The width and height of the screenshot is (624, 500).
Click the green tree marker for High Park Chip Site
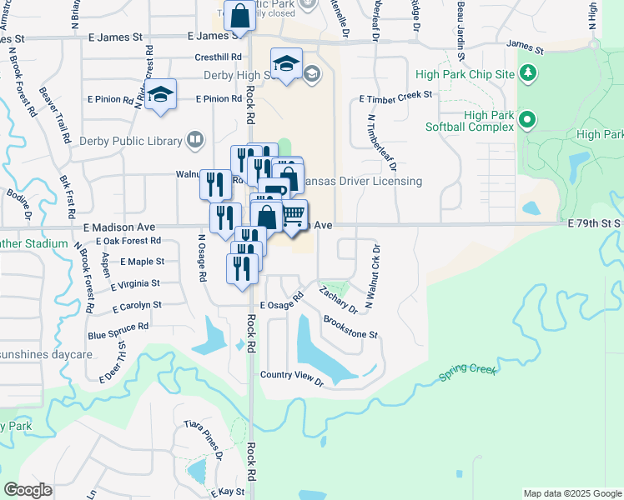(527, 74)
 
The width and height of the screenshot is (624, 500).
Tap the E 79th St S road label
(595, 223)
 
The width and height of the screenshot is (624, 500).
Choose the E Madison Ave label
(119, 227)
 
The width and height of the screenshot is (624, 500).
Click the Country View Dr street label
(291, 377)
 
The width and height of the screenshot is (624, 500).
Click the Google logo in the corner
(28, 490)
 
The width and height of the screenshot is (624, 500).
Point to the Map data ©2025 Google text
(571, 493)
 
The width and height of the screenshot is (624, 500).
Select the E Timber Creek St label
(395, 96)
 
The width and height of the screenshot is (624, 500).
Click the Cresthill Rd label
(219, 57)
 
